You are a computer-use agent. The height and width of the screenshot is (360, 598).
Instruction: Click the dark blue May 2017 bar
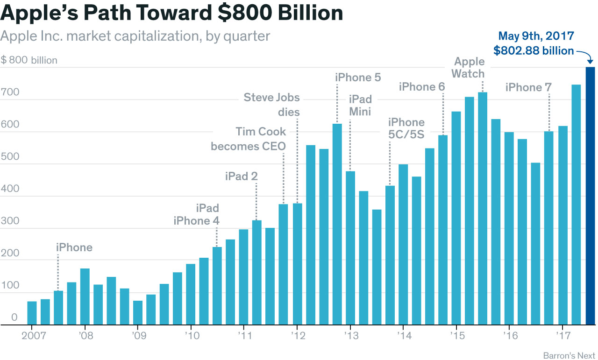point(591,196)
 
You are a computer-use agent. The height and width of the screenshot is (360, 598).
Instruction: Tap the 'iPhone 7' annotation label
point(528,87)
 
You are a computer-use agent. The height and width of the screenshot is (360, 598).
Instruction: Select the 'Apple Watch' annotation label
point(469,68)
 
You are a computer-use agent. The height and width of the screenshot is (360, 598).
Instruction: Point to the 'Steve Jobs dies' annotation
point(272,105)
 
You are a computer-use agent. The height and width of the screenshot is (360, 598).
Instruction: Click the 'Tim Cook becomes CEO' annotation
point(248,139)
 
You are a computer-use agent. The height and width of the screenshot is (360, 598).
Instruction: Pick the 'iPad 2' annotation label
point(241,176)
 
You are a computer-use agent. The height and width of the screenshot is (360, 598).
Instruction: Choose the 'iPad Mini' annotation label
point(360,105)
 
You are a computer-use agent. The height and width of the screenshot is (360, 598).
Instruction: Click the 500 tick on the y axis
point(10,156)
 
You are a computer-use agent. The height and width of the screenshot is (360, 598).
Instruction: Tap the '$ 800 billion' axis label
point(29,60)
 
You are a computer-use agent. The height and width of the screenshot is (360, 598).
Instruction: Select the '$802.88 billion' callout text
point(534,51)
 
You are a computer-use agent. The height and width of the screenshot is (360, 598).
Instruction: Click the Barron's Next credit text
point(569,356)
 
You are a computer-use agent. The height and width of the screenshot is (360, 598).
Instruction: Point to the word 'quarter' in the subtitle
point(247,36)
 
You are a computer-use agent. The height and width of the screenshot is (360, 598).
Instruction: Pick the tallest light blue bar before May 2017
point(577,205)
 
